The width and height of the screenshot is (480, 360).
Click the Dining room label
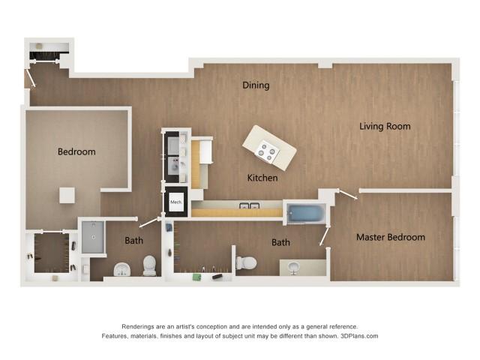click(256, 85)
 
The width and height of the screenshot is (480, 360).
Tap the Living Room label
click(385, 127)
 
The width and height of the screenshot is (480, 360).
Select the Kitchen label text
click(263, 178)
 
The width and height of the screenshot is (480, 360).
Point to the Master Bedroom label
click(390, 238)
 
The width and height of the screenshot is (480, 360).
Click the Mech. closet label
click(176, 202)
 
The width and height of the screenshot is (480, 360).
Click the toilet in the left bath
click(149, 265)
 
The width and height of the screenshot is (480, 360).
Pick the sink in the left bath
click(121, 269)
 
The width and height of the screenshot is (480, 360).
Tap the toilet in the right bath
click(246, 263)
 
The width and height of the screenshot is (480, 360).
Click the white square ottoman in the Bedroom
click(67, 195)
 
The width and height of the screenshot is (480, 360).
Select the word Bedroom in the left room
click(76, 152)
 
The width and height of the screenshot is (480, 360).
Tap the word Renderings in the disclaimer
click(141, 326)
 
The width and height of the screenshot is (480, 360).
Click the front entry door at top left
click(31, 79)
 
